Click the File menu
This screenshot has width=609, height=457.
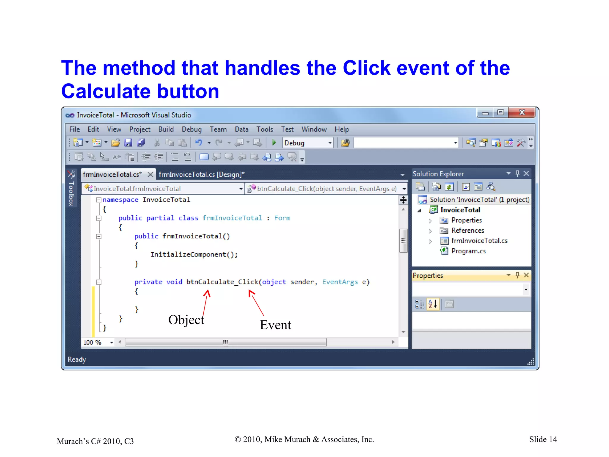pyautogui.click(x=74, y=129)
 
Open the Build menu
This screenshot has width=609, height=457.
pyautogui.click(x=166, y=129)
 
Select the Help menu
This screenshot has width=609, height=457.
pyautogui.click(x=341, y=129)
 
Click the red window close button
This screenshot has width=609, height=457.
pyautogui.click(x=522, y=112)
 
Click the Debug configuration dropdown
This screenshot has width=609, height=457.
pyautogui.click(x=307, y=143)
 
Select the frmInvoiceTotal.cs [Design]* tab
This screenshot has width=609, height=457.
pyautogui.click(x=201, y=174)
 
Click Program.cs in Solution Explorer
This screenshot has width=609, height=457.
pyautogui.click(x=468, y=251)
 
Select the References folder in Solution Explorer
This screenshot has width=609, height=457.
pyautogui.click(x=467, y=231)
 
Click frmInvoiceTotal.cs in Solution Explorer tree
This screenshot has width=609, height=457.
pyautogui.click(x=479, y=241)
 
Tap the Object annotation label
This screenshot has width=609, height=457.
pyautogui.click(x=186, y=320)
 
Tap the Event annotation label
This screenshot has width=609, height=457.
pyautogui.click(x=275, y=325)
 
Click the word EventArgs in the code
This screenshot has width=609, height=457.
pyautogui.click(x=340, y=282)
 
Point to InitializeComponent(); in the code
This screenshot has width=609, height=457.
pyautogui.click(x=194, y=255)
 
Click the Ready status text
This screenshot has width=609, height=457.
pyautogui.click(x=77, y=359)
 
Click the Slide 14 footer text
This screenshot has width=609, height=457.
pyautogui.click(x=543, y=439)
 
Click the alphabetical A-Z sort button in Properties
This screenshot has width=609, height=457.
pyautogui.click(x=433, y=304)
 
